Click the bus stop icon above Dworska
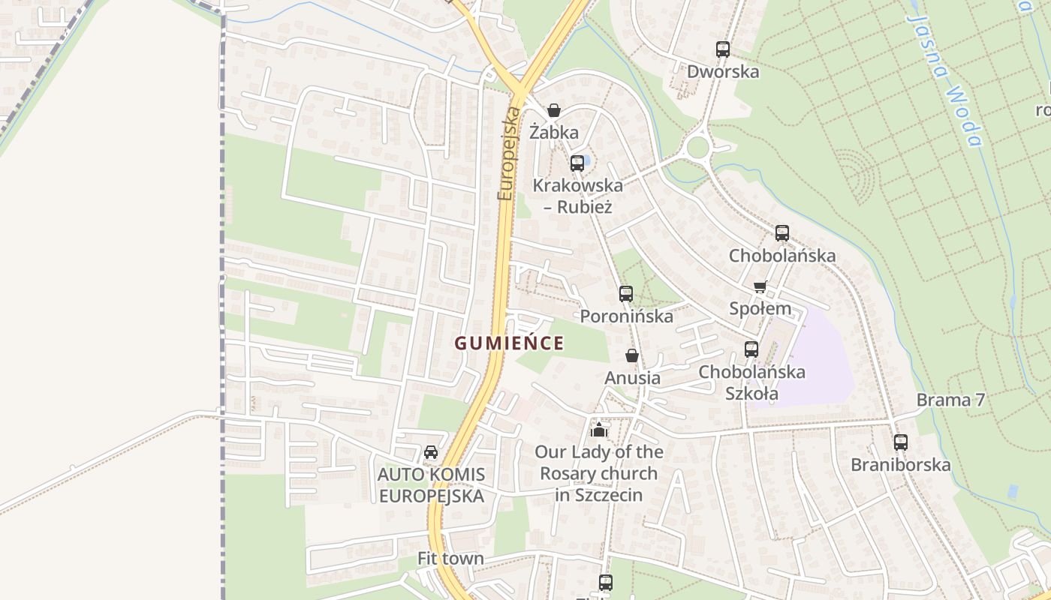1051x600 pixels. pyautogui.click(x=723, y=49)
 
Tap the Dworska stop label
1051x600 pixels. pyautogui.click(x=723, y=71)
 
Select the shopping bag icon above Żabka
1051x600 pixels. pyautogui.click(x=554, y=111)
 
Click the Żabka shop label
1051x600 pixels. pyautogui.click(x=554, y=133)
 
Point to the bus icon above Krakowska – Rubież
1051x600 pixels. pyautogui.click(x=577, y=163)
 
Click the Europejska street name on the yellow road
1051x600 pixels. pyautogui.click(x=508, y=154)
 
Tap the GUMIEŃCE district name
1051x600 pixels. pyautogui.click(x=509, y=343)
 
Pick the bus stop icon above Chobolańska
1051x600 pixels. pyautogui.click(x=782, y=233)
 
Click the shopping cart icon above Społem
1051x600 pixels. pyautogui.click(x=760, y=286)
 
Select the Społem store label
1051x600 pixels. pyautogui.click(x=760, y=308)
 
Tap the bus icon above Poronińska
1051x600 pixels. pyautogui.click(x=626, y=294)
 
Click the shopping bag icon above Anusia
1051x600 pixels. pyautogui.click(x=632, y=355)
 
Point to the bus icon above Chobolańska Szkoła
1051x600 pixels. pyautogui.click(x=751, y=349)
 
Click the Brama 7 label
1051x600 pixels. pyautogui.click(x=950, y=400)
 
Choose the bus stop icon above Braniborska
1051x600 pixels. pyautogui.click(x=901, y=442)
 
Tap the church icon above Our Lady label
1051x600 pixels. pyautogui.click(x=598, y=430)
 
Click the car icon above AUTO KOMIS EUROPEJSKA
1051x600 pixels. pyautogui.click(x=431, y=452)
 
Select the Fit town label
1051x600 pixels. pyautogui.click(x=450, y=559)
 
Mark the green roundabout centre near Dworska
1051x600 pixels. pyautogui.click(x=697, y=147)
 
